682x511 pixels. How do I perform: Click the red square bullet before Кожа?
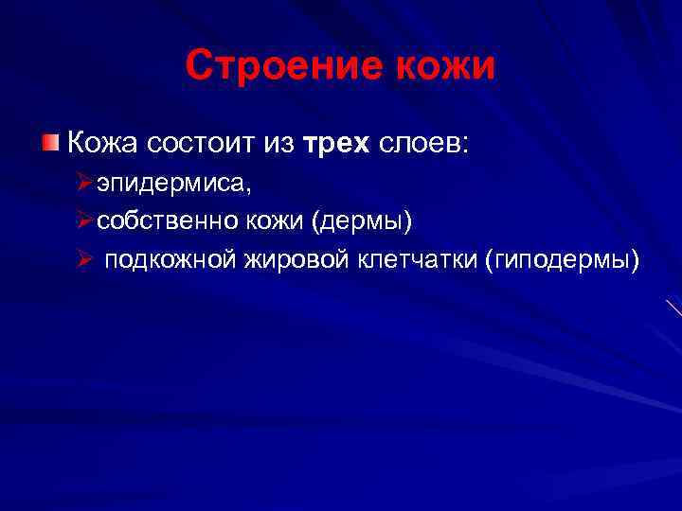click(50, 143)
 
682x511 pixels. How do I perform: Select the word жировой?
click(290, 259)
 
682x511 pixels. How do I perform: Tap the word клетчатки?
click(415, 259)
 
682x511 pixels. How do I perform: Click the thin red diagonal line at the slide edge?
click(673, 308)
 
